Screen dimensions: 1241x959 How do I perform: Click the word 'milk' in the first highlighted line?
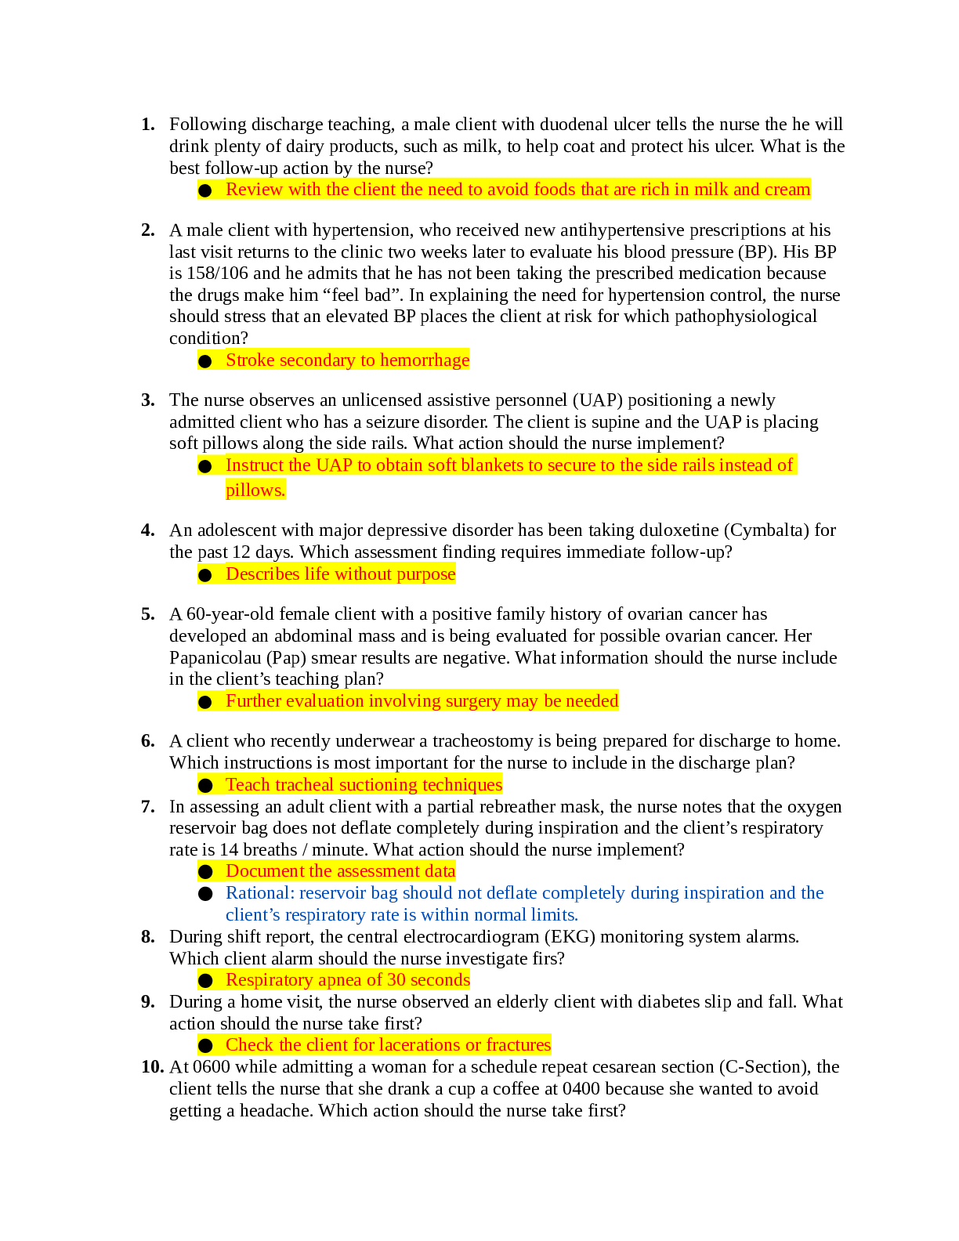click(711, 190)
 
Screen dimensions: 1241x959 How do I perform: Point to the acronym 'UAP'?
click(334, 465)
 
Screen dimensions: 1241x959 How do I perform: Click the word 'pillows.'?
click(255, 490)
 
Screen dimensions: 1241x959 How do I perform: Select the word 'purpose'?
click(425, 574)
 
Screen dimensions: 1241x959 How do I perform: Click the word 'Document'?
click(265, 871)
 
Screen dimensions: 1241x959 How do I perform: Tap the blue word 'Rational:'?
click(259, 893)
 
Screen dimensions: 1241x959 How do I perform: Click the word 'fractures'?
click(518, 1045)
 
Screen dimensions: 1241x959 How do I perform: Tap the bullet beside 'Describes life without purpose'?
click(205, 575)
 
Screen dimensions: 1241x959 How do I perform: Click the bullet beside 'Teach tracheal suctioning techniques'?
click(205, 786)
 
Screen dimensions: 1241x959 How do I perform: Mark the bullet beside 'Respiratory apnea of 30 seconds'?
click(205, 981)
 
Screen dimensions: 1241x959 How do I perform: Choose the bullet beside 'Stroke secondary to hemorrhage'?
click(205, 361)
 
